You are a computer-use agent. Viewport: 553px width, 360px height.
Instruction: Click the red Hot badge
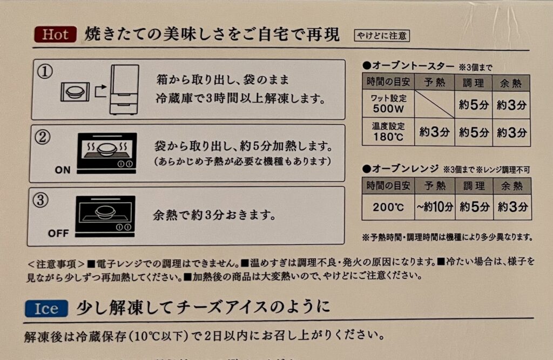pyautogui.click(x=56, y=35)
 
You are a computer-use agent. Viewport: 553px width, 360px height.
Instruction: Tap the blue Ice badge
pyautogui.click(x=46, y=309)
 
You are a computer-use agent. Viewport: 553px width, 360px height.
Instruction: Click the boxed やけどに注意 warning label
pyautogui.click(x=382, y=36)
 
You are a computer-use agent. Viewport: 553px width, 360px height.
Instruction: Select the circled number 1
pyautogui.click(x=45, y=72)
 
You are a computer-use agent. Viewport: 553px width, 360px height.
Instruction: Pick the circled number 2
pyautogui.click(x=43, y=137)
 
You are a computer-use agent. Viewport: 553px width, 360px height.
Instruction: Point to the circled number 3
pyautogui.click(x=40, y=200)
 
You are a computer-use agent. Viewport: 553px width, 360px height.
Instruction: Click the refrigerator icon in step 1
pyautogui.click(x=125, y=90)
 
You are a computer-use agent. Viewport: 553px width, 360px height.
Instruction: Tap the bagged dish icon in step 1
pyautogui.click(x=75, y=92)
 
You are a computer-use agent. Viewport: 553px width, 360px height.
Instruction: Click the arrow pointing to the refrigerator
pyautogui.click(x=100, y=90)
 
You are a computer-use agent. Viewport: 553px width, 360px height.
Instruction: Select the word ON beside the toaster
pyautogui.click(x=63, y=170)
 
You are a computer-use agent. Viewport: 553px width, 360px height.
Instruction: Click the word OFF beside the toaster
pyautogui.click(x=58, y=233)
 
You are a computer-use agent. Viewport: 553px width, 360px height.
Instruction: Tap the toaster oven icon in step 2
pyautogui.click(x=107, y=153)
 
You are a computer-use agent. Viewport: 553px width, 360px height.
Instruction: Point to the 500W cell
pyautogui.click(x=388, y=104)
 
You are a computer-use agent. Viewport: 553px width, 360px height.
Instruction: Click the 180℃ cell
pyautogui.click(x=388, y=132)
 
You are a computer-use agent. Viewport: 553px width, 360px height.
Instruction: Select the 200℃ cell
pyautogui.click(x=388, y=207)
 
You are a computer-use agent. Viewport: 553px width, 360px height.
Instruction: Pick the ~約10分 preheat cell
pyautogui.click(x=435, y=207)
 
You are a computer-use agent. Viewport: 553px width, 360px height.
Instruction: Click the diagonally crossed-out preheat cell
pyautogui.click(x=435, y=104)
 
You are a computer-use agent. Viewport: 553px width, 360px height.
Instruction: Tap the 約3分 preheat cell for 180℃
pyautogui.click(x=435, y=132)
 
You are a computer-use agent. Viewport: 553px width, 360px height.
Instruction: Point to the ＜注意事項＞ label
pyautogui.click(x=56, y=264)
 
